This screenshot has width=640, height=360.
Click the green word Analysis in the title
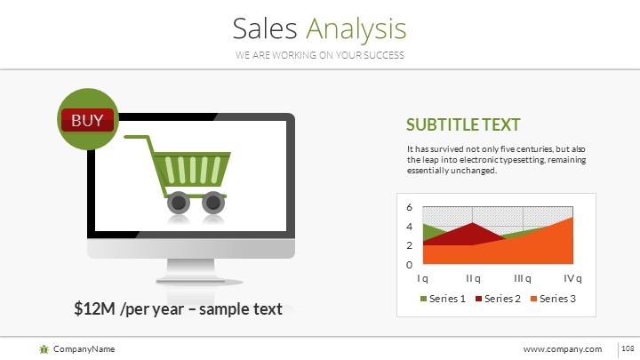356,29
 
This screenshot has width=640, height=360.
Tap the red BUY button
87,120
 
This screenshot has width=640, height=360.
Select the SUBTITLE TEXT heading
462,125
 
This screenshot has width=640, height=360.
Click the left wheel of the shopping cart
179,203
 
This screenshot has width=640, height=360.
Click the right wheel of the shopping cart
213,203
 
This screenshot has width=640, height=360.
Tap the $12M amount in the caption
94,309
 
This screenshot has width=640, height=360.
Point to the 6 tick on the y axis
409,207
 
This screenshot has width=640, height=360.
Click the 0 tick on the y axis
409,265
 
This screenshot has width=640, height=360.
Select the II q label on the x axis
473,278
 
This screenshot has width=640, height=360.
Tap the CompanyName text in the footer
84,349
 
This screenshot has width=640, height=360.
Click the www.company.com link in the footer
562,349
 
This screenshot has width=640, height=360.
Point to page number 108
626,349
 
